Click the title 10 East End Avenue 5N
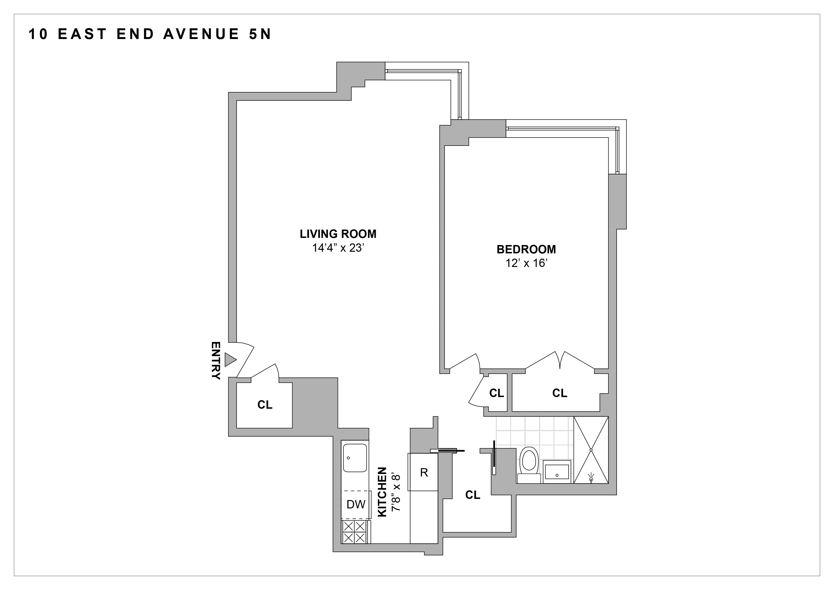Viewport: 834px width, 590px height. (x=150, y=34)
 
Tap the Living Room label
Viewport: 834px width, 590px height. (x=338, y=234)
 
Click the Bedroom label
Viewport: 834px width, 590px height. (x=526, y=250)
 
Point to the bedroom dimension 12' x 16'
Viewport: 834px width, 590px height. (x=526, y=263)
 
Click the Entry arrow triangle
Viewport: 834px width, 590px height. (x=230, y=360)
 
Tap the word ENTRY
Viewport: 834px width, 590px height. (x=216, y=360)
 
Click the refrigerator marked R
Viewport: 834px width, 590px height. (x=424, y=472)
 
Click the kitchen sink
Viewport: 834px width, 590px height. (x=355, y=458)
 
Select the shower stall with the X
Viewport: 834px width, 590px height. (x=591, y=450)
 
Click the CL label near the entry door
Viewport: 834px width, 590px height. (x=265, y=405)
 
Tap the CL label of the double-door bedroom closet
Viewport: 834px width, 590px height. (x=559, y=393)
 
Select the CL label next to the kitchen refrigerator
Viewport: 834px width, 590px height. (x=473, y=495)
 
